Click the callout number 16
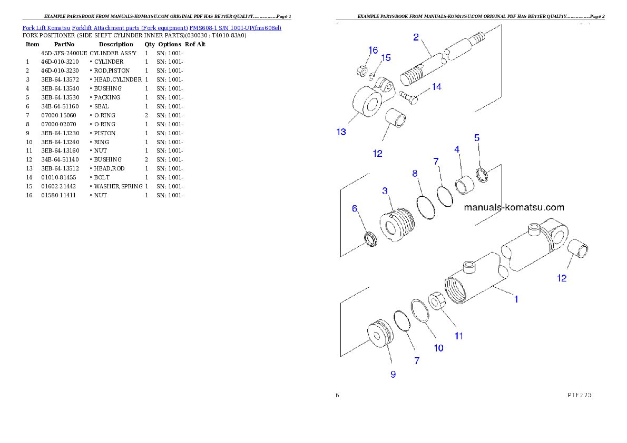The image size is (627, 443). (x=373, y=51)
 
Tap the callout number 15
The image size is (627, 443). (x=386, y=58)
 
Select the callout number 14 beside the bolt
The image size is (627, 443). (x=436, y=87)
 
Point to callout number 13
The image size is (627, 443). (x=341, y=132)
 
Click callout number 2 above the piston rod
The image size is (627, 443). (x=416, y=37)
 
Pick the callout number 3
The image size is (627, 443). (x=385, y=191)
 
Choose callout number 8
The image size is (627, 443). (x=415, y=173)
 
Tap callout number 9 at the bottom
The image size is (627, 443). (x=393, y=375)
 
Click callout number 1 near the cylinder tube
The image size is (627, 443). (x=516, y=299)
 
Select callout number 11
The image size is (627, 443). (x=459, y=336)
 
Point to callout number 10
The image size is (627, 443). (x=438, y=348)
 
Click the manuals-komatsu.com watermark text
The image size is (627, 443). (x=514, y=208)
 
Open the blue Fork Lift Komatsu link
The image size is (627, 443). (x=152, y=27)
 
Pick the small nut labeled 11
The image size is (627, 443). (x=437, y=301)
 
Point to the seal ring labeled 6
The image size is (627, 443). (x=370, y=239)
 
